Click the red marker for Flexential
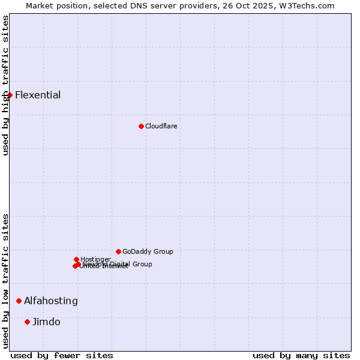click(10, 95)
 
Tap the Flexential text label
click(38, 95)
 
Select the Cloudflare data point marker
click(141, 126)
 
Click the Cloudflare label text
click(161, 126)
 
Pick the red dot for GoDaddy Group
click(118, 251)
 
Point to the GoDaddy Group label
click(148, 251)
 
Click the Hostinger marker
click(76, 259)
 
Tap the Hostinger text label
click(96, 259)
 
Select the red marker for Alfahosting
click(19, 301)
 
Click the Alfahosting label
click(51, 301)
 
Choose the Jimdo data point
click(27, 322)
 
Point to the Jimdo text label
click(46, 322)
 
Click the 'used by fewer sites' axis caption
click(62, 355)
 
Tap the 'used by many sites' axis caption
click(301, 355)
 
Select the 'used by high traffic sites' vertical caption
click(5, 85)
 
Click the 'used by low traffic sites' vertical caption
click(5, 281)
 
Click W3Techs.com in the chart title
click(310, 5)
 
